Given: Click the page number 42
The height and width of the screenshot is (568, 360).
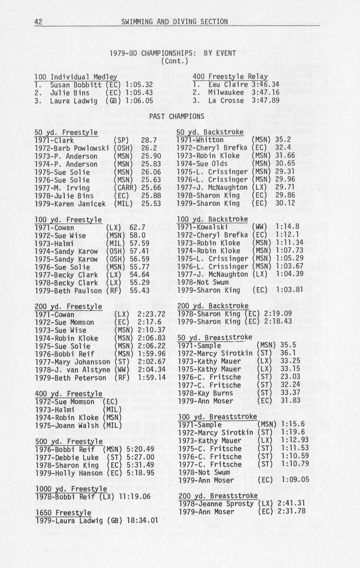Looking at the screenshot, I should [x=38, y=22].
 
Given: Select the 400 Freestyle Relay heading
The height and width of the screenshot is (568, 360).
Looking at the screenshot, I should [x=230, y=77].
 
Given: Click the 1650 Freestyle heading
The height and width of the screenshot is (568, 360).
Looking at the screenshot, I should [x=63, y=512].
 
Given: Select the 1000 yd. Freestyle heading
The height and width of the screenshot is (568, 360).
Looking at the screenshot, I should [x=71, y=489].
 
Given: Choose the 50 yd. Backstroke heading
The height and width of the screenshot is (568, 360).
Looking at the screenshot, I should [x=210, y=132].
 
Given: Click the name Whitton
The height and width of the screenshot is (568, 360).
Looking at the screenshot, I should [x=209, y=140].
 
